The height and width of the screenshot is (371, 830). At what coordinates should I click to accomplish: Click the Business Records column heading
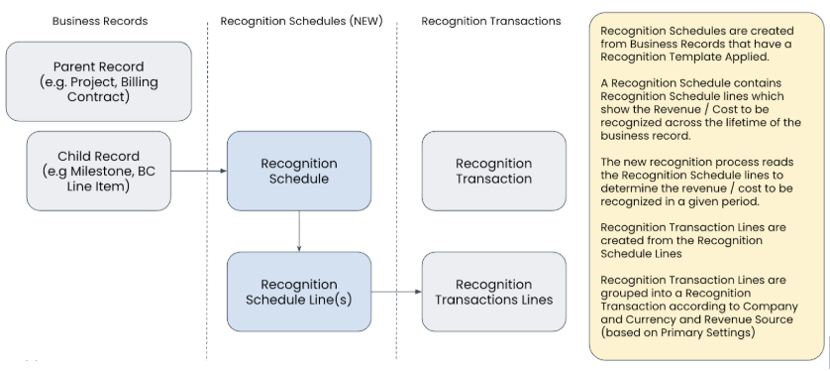[x=99, y=20]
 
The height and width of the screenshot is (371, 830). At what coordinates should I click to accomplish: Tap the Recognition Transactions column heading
[x=490, y=20]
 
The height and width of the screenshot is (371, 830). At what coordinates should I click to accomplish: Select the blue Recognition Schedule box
[x=299, y=171]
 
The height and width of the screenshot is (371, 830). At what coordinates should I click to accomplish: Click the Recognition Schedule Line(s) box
[x=299, y=292]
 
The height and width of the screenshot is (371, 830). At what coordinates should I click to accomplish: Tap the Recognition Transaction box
[x=493, y=171]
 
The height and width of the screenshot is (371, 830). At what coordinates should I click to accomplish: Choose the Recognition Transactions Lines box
[x=493, y=292]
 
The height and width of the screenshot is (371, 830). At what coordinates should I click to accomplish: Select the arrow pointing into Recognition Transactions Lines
[x=396, y=292]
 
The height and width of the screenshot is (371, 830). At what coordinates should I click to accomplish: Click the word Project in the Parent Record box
[x=99, y=81]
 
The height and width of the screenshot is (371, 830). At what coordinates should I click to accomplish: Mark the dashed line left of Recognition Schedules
[x=207, y=188]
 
